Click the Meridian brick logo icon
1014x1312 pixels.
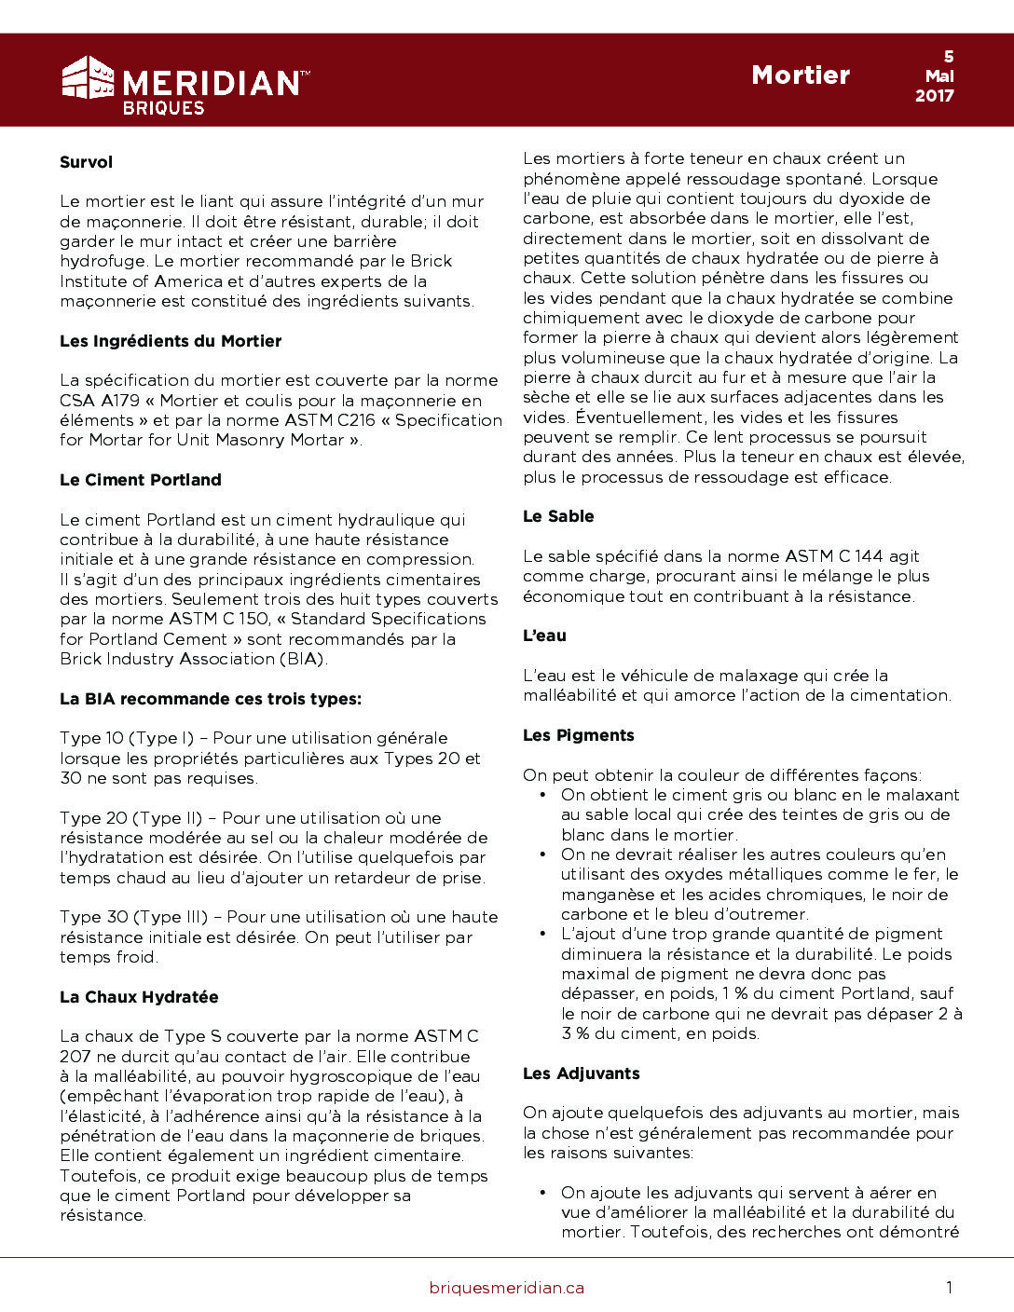point(88,77)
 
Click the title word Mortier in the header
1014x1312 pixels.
point(801,75)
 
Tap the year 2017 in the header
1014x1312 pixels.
point(934,96)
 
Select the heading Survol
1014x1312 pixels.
point(86,162)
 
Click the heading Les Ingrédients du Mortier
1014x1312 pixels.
point(171,341)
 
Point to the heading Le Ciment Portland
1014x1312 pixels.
point(141,480)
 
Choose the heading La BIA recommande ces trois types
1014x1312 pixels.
point(211,699)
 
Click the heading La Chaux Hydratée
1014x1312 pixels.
point(139,997)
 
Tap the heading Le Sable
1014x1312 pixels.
point(558,516)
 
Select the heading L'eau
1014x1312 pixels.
point(544,635)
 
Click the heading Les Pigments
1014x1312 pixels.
point(578,735)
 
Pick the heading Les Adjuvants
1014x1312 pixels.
point(581,1073)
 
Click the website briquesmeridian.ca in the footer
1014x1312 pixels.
point(507,1288)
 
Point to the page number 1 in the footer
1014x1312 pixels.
point(949,1288)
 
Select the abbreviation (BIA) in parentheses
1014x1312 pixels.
point(301,659)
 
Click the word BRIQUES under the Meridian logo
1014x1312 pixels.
point(163,107)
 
